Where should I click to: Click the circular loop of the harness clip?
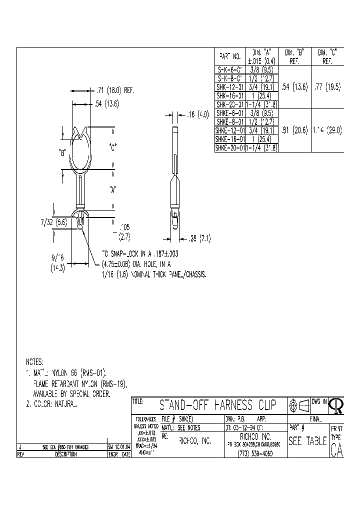(80, 150)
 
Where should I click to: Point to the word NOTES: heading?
(34, 361)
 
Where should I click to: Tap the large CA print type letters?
(336, 450)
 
